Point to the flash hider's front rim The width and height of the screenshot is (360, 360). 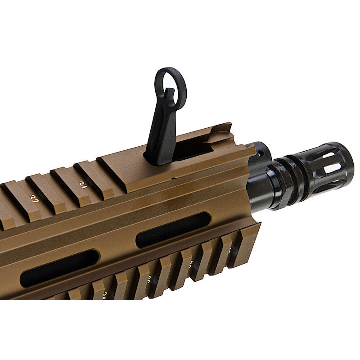click(349, 166)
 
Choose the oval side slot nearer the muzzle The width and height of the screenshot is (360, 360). click(173, 229)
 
